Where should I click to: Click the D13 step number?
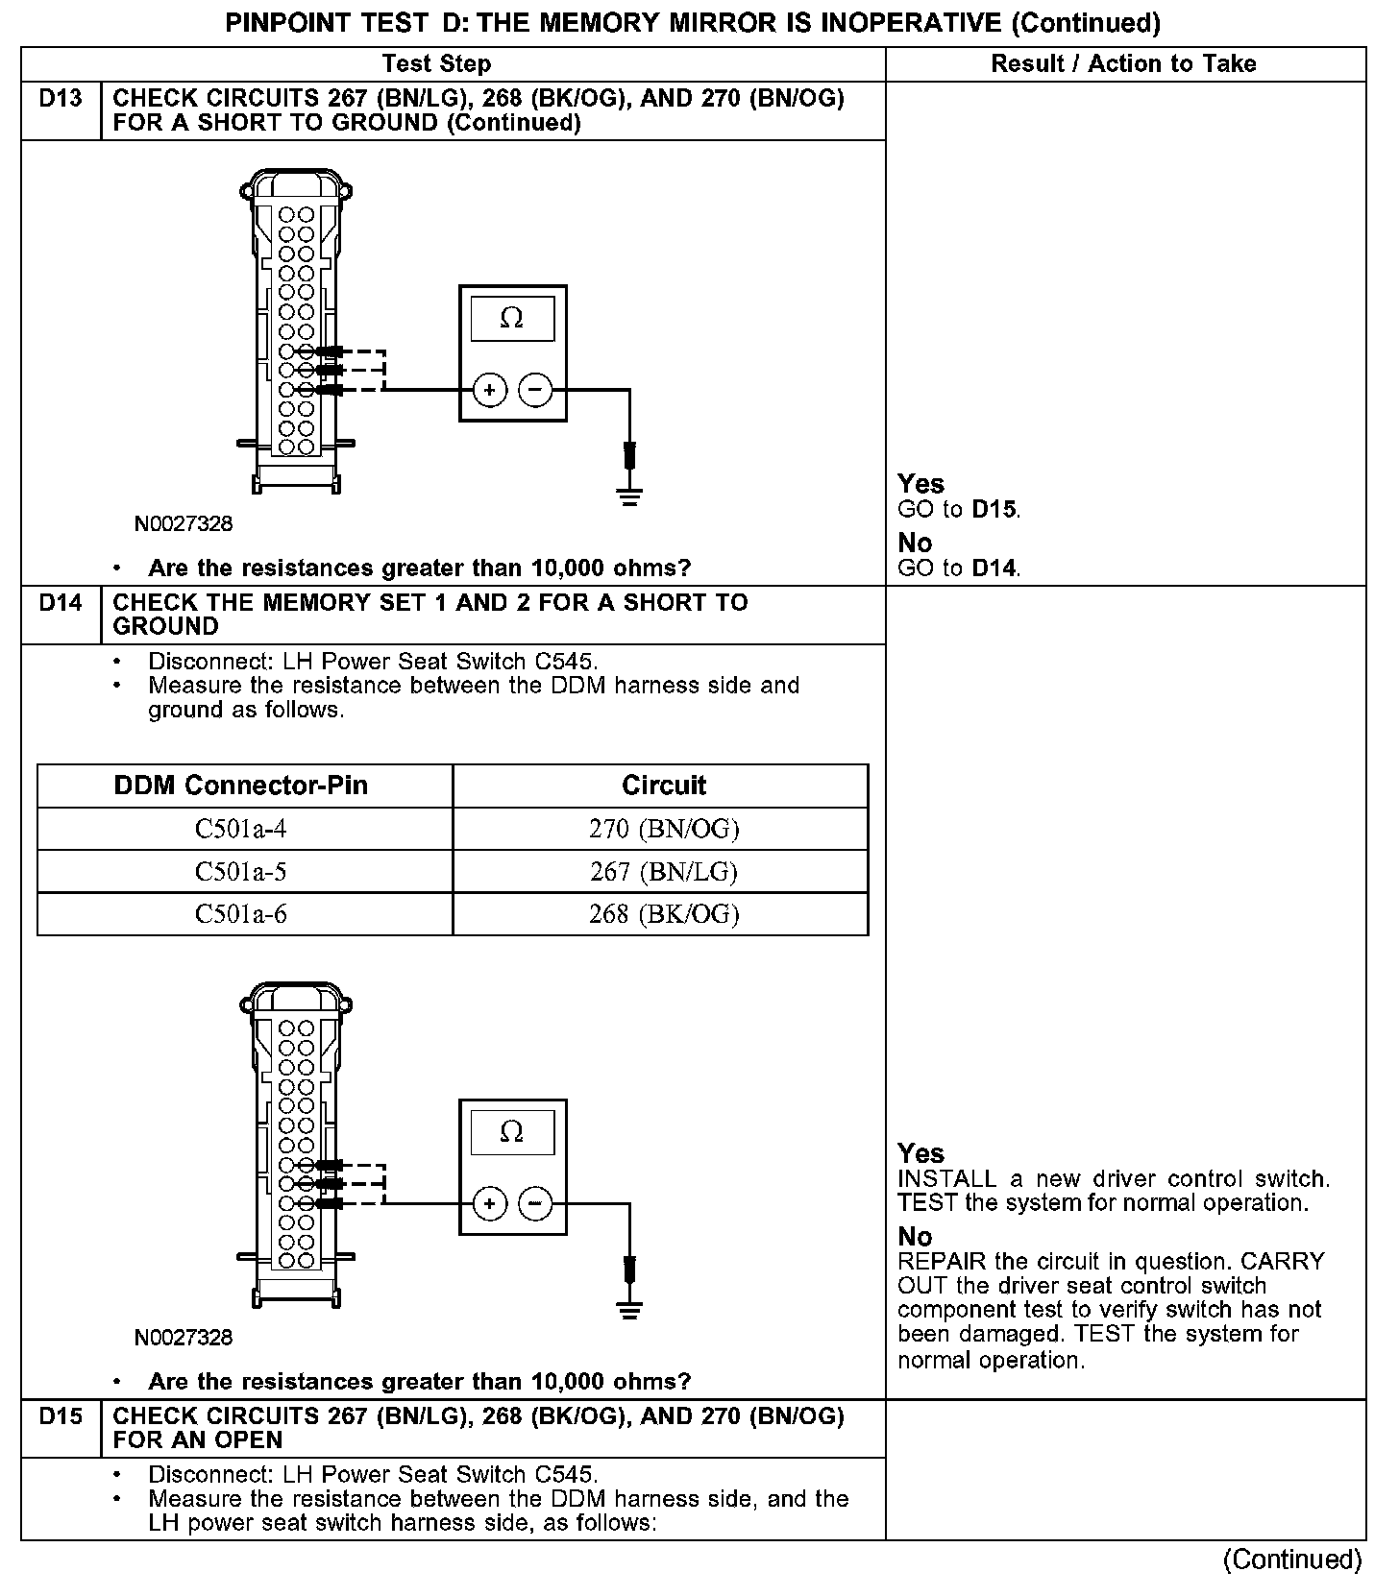tap(61, 99)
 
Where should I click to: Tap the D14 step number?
tap(61, 603)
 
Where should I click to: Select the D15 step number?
tap(61, 1416)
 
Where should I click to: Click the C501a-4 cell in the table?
tap(241, 829)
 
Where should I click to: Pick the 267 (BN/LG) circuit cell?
tap(663, 872)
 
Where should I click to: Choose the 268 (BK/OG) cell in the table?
tap(663, 914)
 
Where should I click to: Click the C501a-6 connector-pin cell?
tap(241, 914)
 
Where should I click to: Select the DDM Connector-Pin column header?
tap(241, 786)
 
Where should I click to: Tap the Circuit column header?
tap(663, 786)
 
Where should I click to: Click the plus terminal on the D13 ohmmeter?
tap(489, 390)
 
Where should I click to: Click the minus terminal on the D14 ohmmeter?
tap(535, 1203)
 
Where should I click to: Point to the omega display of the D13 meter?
tap(512, 319)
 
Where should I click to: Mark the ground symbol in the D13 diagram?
tap(629, 496)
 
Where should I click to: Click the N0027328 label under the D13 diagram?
tap(184, 524)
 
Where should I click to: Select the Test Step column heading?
tap(436, 64)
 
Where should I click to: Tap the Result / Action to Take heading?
tap(1123, 64)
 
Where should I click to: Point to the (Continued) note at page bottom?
tap(1292, 1560)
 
